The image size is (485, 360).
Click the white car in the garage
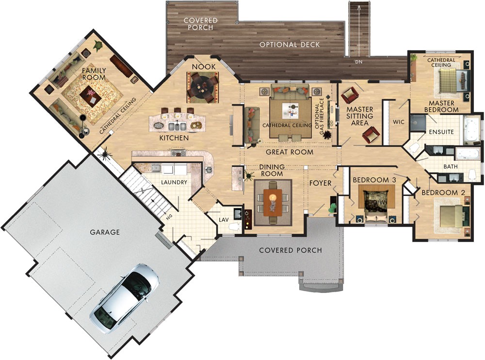point(125,296)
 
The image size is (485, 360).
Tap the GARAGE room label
point(105,232)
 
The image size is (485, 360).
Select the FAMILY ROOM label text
point(94,74)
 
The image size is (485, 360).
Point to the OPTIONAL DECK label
point(290,45)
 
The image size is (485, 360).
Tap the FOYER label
point(320,183)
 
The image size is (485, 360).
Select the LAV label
point(224,220)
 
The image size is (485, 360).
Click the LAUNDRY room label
point(175,182)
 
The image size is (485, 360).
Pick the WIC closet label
point(398,122)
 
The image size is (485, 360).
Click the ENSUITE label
point(440,132)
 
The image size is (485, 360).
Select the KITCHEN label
point(174,138)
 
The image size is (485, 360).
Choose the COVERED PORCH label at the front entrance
point(290,250)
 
